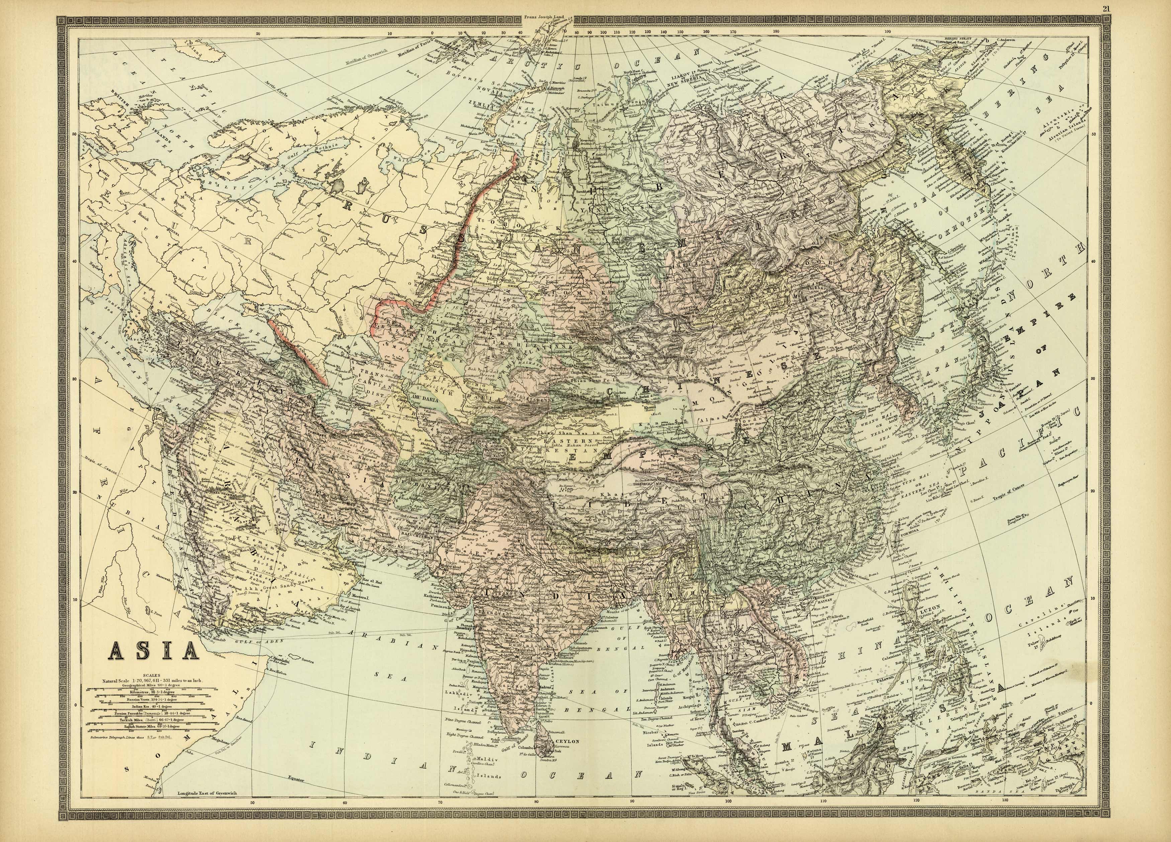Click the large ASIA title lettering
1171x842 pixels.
153,651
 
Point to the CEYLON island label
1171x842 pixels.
568,741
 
